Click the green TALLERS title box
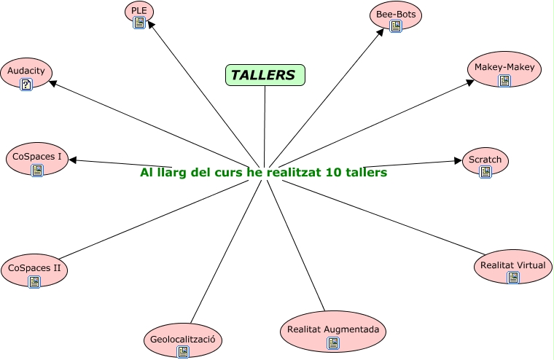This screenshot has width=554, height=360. tap(265, 75)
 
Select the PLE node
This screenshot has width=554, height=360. tap(139, 10)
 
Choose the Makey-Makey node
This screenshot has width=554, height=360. tap(504, 68)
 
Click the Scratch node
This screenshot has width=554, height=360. tap(485, 160)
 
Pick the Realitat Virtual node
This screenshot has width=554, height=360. tap(512, 265)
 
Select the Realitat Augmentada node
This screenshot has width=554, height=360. tap(332, 330)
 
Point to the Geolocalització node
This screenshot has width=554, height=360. tap(182, 340)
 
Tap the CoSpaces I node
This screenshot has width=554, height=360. tap(37, 157)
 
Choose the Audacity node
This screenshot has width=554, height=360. tap(26, 71)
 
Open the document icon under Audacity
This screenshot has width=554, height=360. tap(26, 85)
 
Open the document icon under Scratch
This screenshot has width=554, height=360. tap(485, 172)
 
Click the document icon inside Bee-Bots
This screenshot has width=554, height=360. tap(396, 26)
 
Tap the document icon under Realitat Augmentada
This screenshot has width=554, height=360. tap(333, 343)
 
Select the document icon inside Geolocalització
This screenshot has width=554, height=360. tap(183, 352)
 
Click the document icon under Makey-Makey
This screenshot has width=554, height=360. tap(504, 80)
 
